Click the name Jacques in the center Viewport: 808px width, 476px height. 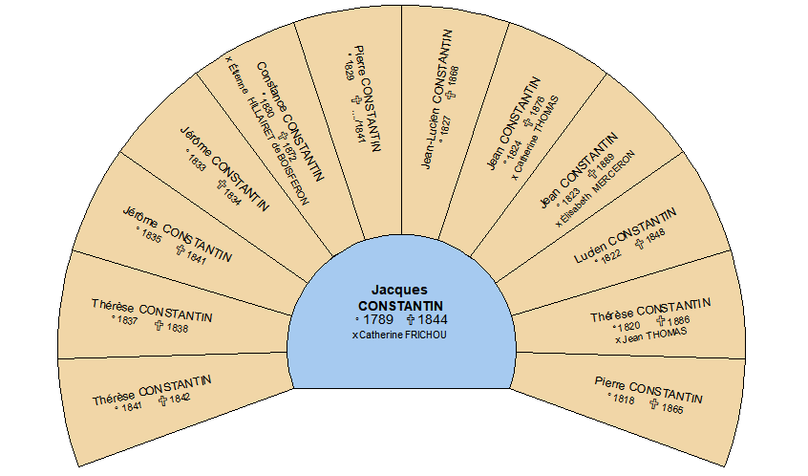(399, 289)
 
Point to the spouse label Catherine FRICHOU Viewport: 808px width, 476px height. (399, 335)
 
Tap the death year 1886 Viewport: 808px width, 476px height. (679, 321)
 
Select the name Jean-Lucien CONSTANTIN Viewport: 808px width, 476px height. (436, 99)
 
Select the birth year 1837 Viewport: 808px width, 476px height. (126, 321)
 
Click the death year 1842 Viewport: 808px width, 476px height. (181, 398)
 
